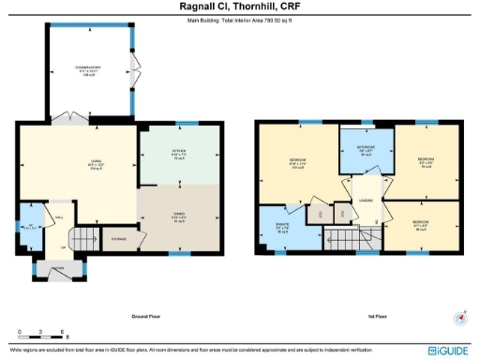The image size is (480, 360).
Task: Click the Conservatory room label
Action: [x=88, y=69]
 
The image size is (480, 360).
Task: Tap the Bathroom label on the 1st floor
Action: [x=365, y=151]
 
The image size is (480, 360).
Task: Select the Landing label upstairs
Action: [x=364, y=198]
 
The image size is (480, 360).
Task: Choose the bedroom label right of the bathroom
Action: [x=425, y=162]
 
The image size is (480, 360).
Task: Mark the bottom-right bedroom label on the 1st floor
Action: [x=422, y=225]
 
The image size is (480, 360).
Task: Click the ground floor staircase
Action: [x=83, y=239]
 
